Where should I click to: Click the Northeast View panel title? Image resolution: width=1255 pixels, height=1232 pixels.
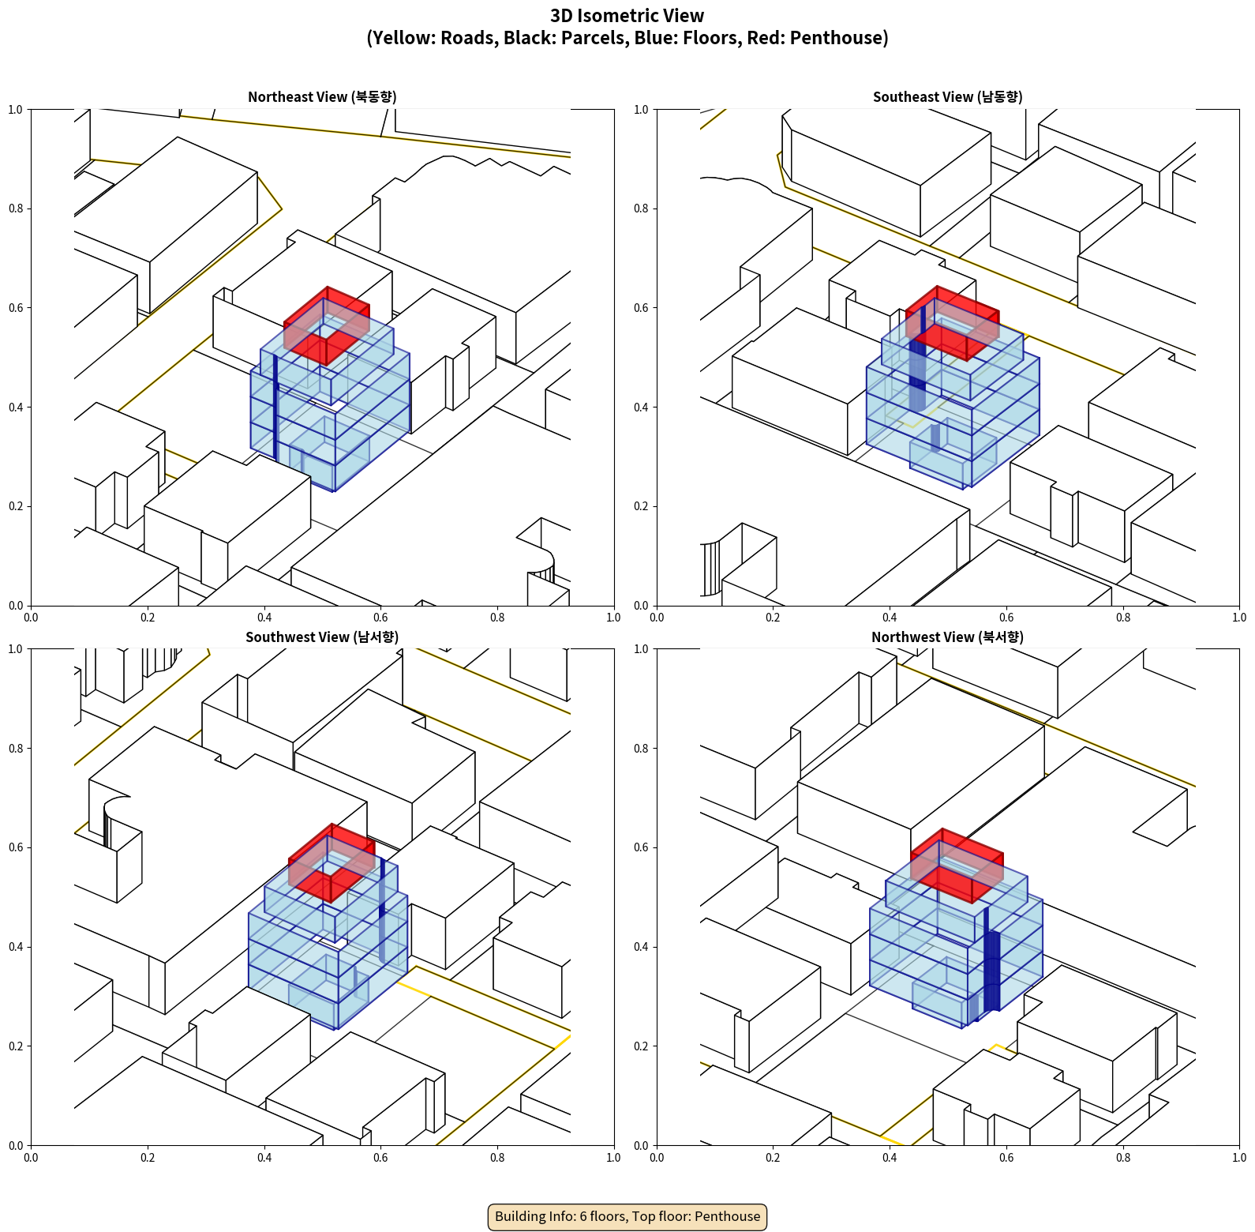pos(322,97)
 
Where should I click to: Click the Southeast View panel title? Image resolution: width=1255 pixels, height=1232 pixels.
pos(947,97)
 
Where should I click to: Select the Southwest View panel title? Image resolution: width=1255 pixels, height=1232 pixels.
pos(322,637)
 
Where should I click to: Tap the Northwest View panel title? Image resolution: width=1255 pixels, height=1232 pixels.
pos(947,637)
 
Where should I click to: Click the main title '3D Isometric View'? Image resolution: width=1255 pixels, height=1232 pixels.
pos(627,16)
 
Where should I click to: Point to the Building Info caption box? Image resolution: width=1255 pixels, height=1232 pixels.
pos(627,1216)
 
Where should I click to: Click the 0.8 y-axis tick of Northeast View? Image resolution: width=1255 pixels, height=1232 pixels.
pos(16,208)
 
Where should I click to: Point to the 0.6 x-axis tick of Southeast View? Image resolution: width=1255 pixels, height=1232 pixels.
pos(1006,618)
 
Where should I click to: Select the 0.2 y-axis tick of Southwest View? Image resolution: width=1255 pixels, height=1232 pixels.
pos(16,1046)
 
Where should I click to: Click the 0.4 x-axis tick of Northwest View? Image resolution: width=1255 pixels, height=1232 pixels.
pos(890,1158)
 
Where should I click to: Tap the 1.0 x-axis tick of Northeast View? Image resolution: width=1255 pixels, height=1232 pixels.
pos(613,618)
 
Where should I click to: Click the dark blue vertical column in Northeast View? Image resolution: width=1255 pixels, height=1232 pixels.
pos(275,407)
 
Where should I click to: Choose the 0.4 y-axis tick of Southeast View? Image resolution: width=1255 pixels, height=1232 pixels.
pos(641,408)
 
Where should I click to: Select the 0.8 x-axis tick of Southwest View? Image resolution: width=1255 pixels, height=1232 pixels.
pos(497,1158)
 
